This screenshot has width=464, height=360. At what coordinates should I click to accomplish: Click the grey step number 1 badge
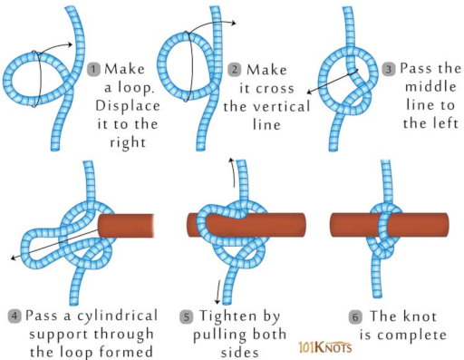93,69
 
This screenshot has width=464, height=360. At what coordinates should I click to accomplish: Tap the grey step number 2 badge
235,70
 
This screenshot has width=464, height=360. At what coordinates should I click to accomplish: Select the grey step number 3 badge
389,69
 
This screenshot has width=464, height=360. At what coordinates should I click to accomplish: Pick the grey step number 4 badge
14,316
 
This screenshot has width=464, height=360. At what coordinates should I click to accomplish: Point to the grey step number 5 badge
187,317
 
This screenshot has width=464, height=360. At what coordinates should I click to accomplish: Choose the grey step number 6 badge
355,317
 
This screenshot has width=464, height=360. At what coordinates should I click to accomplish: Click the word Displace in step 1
128,106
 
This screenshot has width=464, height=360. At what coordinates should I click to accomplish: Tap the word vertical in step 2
281,106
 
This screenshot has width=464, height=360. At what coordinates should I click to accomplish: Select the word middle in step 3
430,87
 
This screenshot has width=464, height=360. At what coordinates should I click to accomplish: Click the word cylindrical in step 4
117,316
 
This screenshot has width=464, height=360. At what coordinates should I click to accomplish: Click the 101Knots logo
325,347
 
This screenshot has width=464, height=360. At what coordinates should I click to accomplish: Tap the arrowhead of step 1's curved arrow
70,44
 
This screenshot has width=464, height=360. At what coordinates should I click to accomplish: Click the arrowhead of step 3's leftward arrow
309,92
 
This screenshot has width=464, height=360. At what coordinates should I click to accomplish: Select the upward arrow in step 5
233,172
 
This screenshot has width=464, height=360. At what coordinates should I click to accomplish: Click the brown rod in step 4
126,226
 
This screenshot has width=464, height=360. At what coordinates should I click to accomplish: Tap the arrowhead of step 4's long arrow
14,258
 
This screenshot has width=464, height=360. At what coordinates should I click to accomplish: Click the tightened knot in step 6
383,229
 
